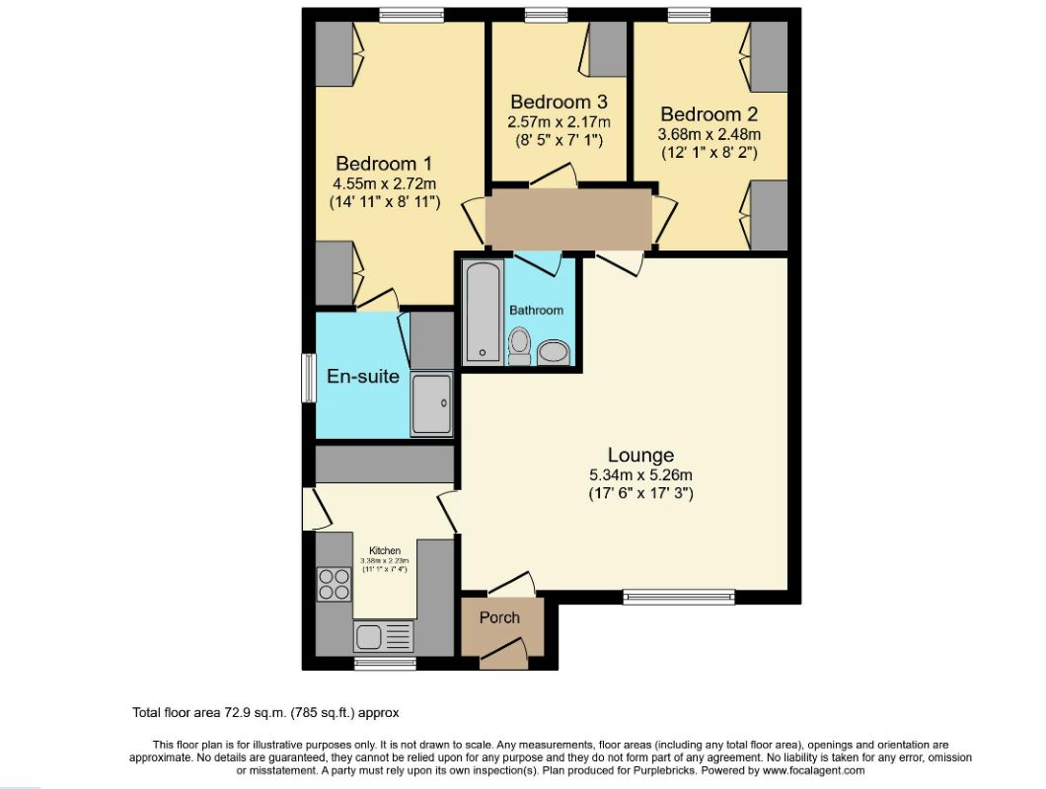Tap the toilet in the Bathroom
(520, 347)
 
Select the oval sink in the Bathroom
(554, 352)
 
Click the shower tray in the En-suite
(431, 403)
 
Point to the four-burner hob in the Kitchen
(335, 585)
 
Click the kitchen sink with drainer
(384, 636)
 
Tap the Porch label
(499, 618)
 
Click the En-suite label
(363, 376)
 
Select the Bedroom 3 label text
(559, 102)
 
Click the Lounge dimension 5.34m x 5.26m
(640, 474)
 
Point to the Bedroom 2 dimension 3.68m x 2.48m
(710, 134)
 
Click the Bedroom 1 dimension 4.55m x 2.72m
(384, 182)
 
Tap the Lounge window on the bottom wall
(679, 595)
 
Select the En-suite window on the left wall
(308, 377)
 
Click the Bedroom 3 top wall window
(545, 14)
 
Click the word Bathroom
(536, 310)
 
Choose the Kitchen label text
(385, 550)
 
